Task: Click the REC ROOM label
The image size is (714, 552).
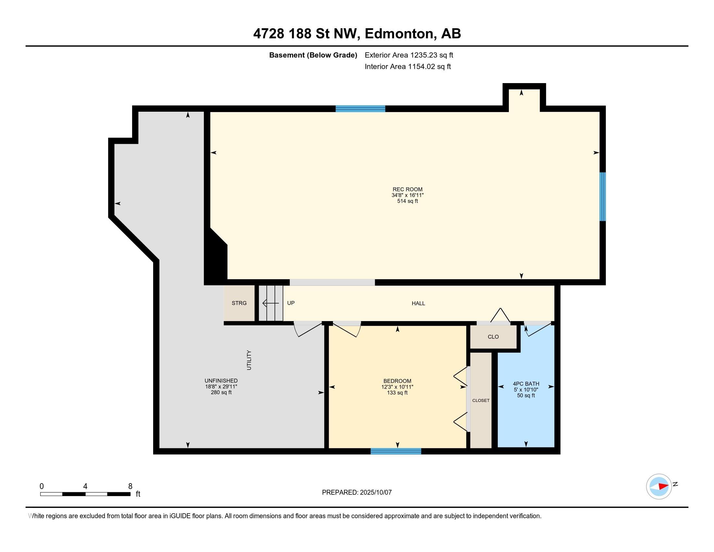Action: click(x=407, y=189)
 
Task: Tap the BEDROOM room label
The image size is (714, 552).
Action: click(x=397, y=381)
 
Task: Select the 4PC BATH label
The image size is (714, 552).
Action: click(x=526, y=383)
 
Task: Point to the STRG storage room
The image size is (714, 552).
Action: click(x=239, y=303)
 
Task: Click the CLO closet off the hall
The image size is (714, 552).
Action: click(x=493, y=337)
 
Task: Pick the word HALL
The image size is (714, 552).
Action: click(x=418, y=304)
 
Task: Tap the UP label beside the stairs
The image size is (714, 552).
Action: click(x=291, y=303)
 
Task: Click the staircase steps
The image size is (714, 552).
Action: click(x=271, y=303)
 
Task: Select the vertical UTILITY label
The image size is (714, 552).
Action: click(x=249, y=360)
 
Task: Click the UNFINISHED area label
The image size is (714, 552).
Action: click(x=221, y=381)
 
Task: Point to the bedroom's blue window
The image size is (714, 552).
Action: click(x=396, y=451)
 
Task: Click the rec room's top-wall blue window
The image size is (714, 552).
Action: click(x=360, y=108)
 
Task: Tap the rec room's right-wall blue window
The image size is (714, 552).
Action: click(x=603, y=196)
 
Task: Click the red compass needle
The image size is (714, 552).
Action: click(x=663, y=486)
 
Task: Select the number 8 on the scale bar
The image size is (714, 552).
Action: click(x=130, y=486)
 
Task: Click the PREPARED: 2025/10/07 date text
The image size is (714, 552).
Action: click(x=357, y=493)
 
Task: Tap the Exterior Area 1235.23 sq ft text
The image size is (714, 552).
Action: click(x=409, y=55)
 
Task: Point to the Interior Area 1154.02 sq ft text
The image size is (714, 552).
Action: click(x=408, y=66)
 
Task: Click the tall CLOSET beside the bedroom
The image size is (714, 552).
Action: click(x=481, y=400)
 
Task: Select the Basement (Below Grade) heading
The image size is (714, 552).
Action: click(x=313, y=55)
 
